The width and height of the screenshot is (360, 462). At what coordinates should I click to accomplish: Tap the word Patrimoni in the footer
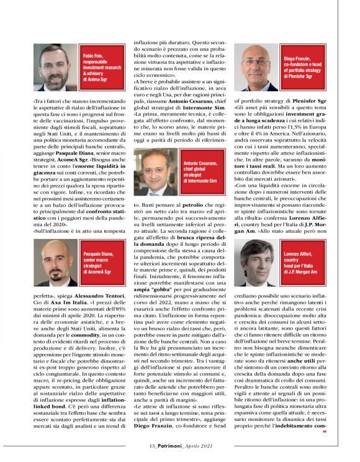171,445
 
